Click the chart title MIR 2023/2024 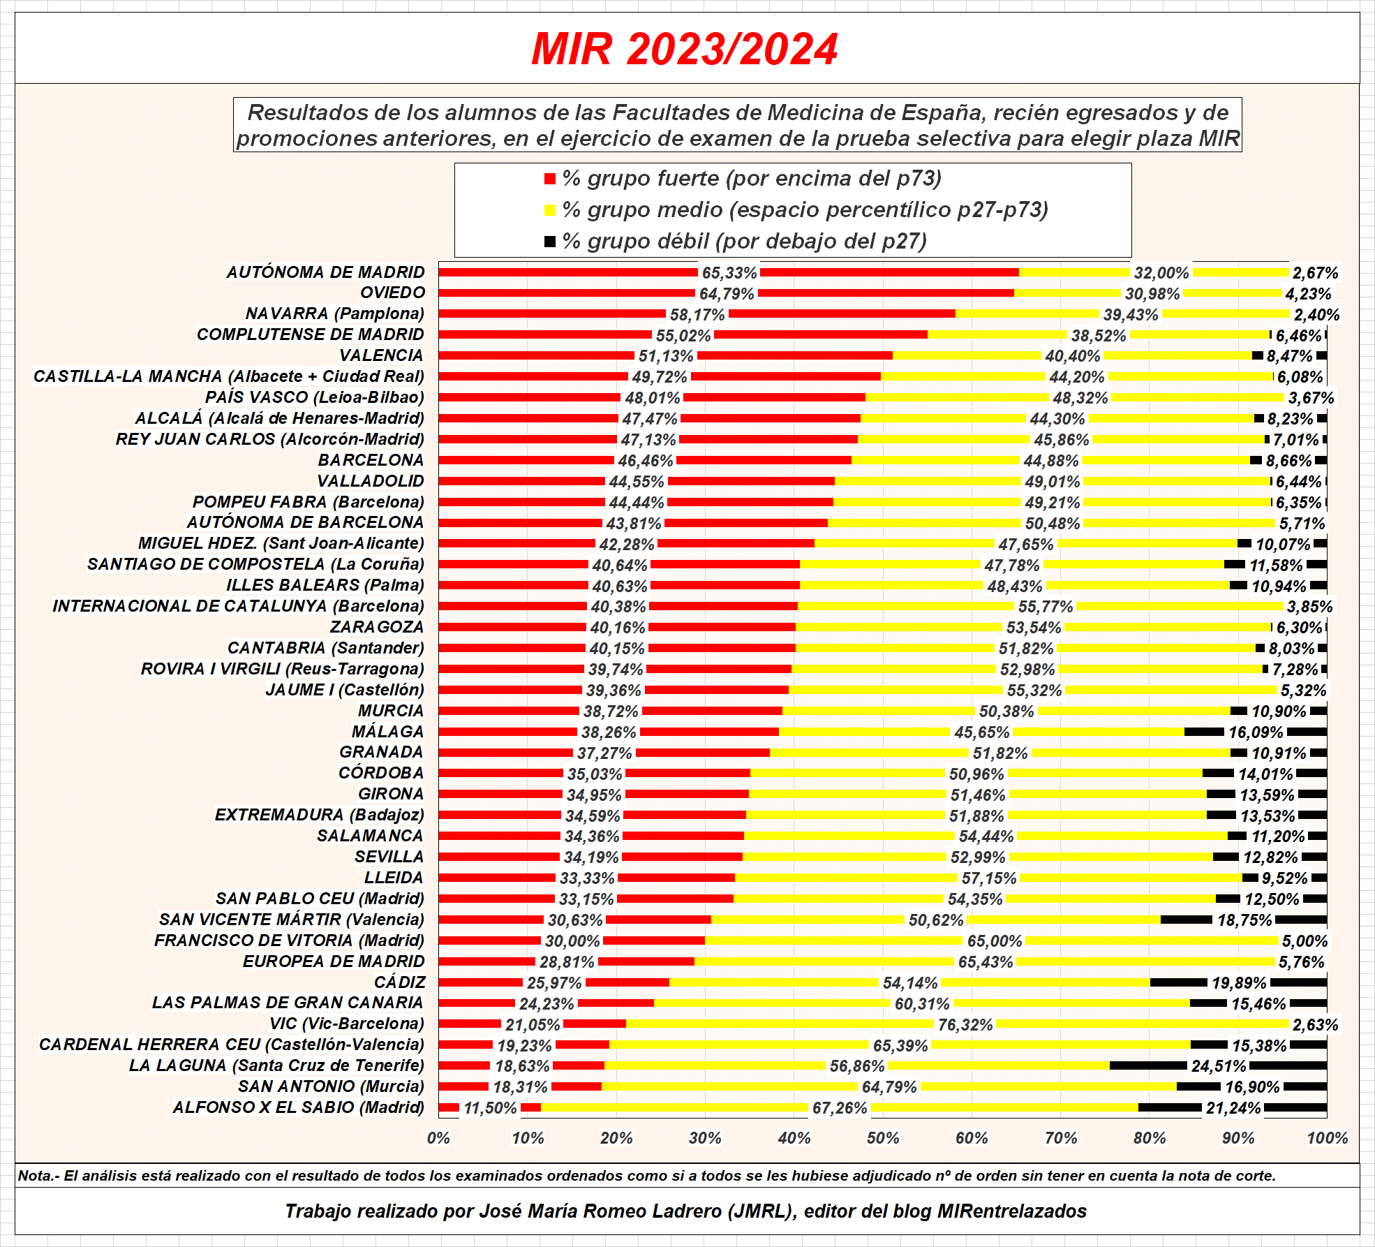coord(684,49)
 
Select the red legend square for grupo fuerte coord(550,179)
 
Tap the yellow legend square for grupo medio coord(550,210)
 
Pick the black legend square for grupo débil coord(550,242)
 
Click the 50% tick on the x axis coord(883,1139)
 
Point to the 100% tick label coord(1327,1139)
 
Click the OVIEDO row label coord(392,293)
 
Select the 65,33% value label coord(729,273)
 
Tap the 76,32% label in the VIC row coord(965,1025)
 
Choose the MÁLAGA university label coord(387,732)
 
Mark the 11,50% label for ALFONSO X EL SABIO coord(490,1108)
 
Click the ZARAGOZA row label coord(377,627)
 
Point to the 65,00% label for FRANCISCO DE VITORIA coord(994,941)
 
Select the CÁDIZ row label coord(399,982)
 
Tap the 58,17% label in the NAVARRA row coord(697,315)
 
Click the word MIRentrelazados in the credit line coord(1011,1211)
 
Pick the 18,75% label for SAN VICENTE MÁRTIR coord(1244,920)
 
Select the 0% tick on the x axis coord(438,1139)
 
